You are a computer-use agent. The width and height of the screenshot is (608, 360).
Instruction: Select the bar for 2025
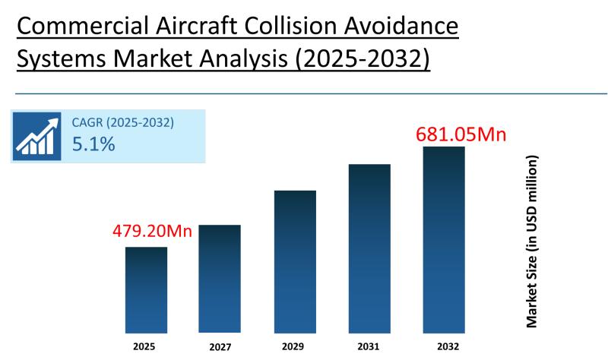[146, 289]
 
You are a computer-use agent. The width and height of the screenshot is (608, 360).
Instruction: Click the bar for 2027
[220, 279]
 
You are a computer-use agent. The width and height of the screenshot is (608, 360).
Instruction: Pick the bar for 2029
[295, 261]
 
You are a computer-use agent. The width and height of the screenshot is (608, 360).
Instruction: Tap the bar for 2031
[369, 248]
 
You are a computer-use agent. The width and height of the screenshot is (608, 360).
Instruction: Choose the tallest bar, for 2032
[444, 239]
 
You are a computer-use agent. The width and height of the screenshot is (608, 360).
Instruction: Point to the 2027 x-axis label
[219, 346]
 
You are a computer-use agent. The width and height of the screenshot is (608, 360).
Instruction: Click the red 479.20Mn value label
[152, 231]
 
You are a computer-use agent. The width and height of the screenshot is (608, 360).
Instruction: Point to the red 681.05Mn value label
[461, 135]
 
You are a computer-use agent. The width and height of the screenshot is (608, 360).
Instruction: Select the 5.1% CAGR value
[93, 144]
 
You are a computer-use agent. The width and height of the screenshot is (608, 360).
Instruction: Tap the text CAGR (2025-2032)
[122, 122]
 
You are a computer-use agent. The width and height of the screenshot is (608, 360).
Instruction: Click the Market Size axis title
[532, 242]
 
